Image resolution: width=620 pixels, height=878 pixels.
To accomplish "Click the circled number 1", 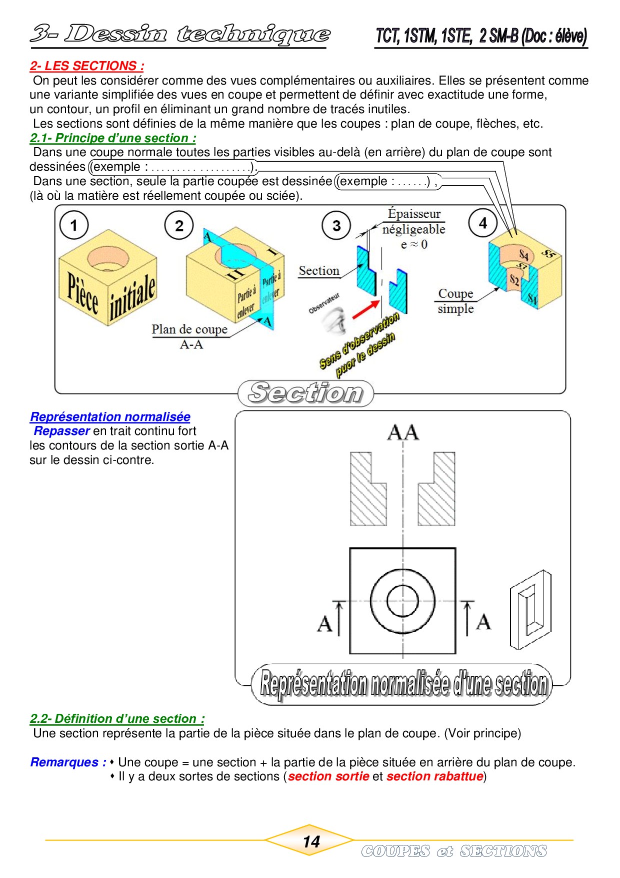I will coord(74,225).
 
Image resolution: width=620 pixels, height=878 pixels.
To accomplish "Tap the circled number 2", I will coord(179,226).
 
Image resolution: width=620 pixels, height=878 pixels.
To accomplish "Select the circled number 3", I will coord(336,226).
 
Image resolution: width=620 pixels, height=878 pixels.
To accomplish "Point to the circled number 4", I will coord(482,223).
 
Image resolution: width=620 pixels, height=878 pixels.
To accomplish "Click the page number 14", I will coord(311,841).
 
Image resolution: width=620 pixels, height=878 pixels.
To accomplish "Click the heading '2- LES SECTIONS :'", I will coord(87,66).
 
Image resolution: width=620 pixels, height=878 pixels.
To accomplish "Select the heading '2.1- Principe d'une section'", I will coord(113,138).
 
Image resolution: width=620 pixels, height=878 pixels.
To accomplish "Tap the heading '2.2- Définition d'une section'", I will coord(117,719).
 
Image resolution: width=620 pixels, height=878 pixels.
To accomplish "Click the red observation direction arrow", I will coord(366,309).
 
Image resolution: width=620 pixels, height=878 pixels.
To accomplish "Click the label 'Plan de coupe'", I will coord(189,329).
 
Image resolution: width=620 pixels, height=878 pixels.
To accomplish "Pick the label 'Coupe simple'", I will coord(455,301).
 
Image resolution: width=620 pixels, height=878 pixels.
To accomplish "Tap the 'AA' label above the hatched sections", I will coord(403,432).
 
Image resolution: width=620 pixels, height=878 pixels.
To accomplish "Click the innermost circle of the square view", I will coord(402,601).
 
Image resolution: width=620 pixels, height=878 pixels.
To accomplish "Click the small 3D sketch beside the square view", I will coord(530,609).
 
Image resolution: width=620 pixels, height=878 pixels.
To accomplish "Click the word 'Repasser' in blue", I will coord(61,431).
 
